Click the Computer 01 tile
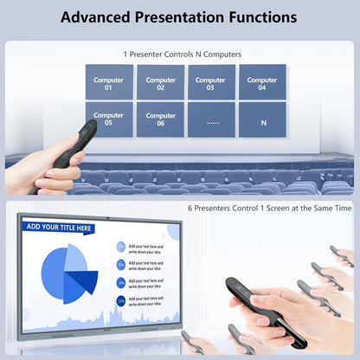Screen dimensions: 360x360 109,82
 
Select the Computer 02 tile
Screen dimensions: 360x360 160,82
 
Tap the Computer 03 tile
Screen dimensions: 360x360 211,82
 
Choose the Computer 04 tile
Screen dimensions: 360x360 262,82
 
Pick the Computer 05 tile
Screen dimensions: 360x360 109,119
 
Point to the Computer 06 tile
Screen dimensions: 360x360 160,119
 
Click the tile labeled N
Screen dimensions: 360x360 262,120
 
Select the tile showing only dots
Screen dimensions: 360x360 211,120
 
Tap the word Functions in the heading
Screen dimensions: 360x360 259,17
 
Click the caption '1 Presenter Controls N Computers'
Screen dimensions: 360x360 180,54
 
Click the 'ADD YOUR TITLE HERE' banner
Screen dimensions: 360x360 59,228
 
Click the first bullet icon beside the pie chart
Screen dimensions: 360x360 120,247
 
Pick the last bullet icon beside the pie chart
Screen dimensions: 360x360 120,299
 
